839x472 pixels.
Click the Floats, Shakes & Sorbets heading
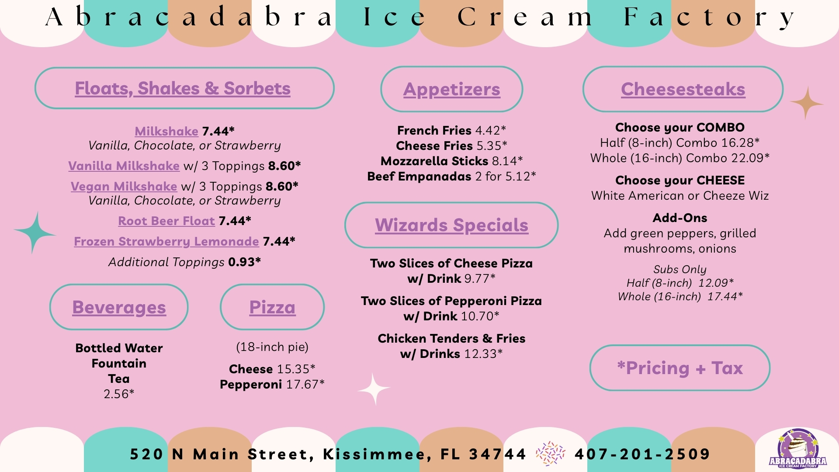(183, 89)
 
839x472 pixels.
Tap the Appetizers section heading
(452, 90)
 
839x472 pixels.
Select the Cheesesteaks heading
(683, 89)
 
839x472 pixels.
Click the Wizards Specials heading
(451, 226)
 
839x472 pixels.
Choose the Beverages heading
(119, 307)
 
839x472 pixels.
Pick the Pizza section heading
(272, 307)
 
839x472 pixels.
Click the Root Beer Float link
(166, 221)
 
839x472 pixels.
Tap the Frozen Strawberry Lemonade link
(166, 242)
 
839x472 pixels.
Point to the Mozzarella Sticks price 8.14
(507, 161)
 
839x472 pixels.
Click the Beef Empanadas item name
(419, 177)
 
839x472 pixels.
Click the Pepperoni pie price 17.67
(305, 385)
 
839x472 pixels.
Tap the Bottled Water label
(119, 348)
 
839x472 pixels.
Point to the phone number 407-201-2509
(642, 455)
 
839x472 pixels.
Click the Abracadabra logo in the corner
(798, 449)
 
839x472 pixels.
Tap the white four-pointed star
(374, 389)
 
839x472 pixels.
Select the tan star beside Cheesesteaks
(807, 103)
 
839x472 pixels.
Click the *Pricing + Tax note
(680, 368)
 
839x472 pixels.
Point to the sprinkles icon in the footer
(551, 454)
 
